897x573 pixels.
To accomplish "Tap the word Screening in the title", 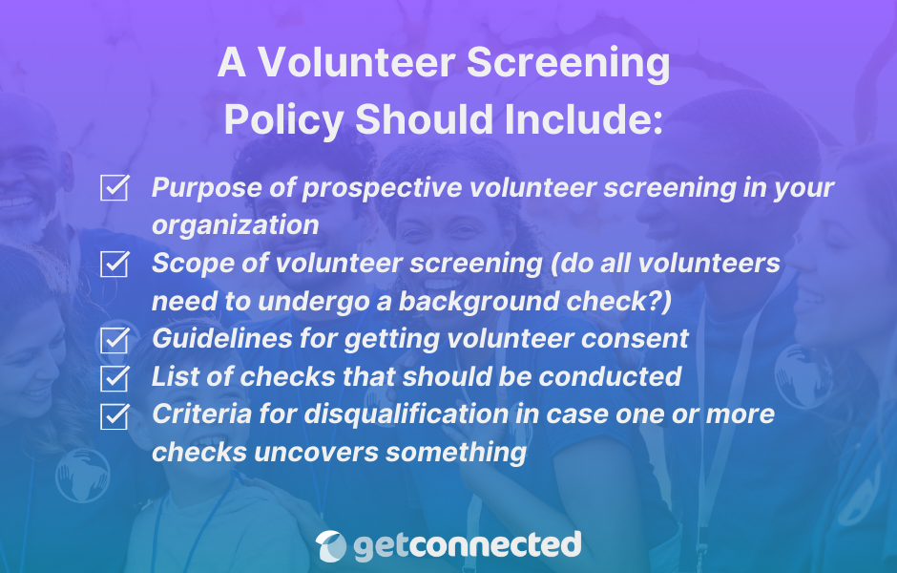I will (x=569, y=63).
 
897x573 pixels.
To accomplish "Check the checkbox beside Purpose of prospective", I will (x=115, y=188).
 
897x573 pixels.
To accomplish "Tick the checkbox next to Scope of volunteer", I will (x=115, y=265).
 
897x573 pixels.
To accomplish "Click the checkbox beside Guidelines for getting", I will (x=115, y=339).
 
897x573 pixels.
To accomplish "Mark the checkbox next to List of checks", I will (x=115, y=376).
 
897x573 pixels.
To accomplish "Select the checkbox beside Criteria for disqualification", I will (x=115, y=415).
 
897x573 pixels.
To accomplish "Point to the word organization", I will (x=235, y=225).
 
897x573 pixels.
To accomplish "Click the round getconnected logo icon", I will (x=331, y=545).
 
